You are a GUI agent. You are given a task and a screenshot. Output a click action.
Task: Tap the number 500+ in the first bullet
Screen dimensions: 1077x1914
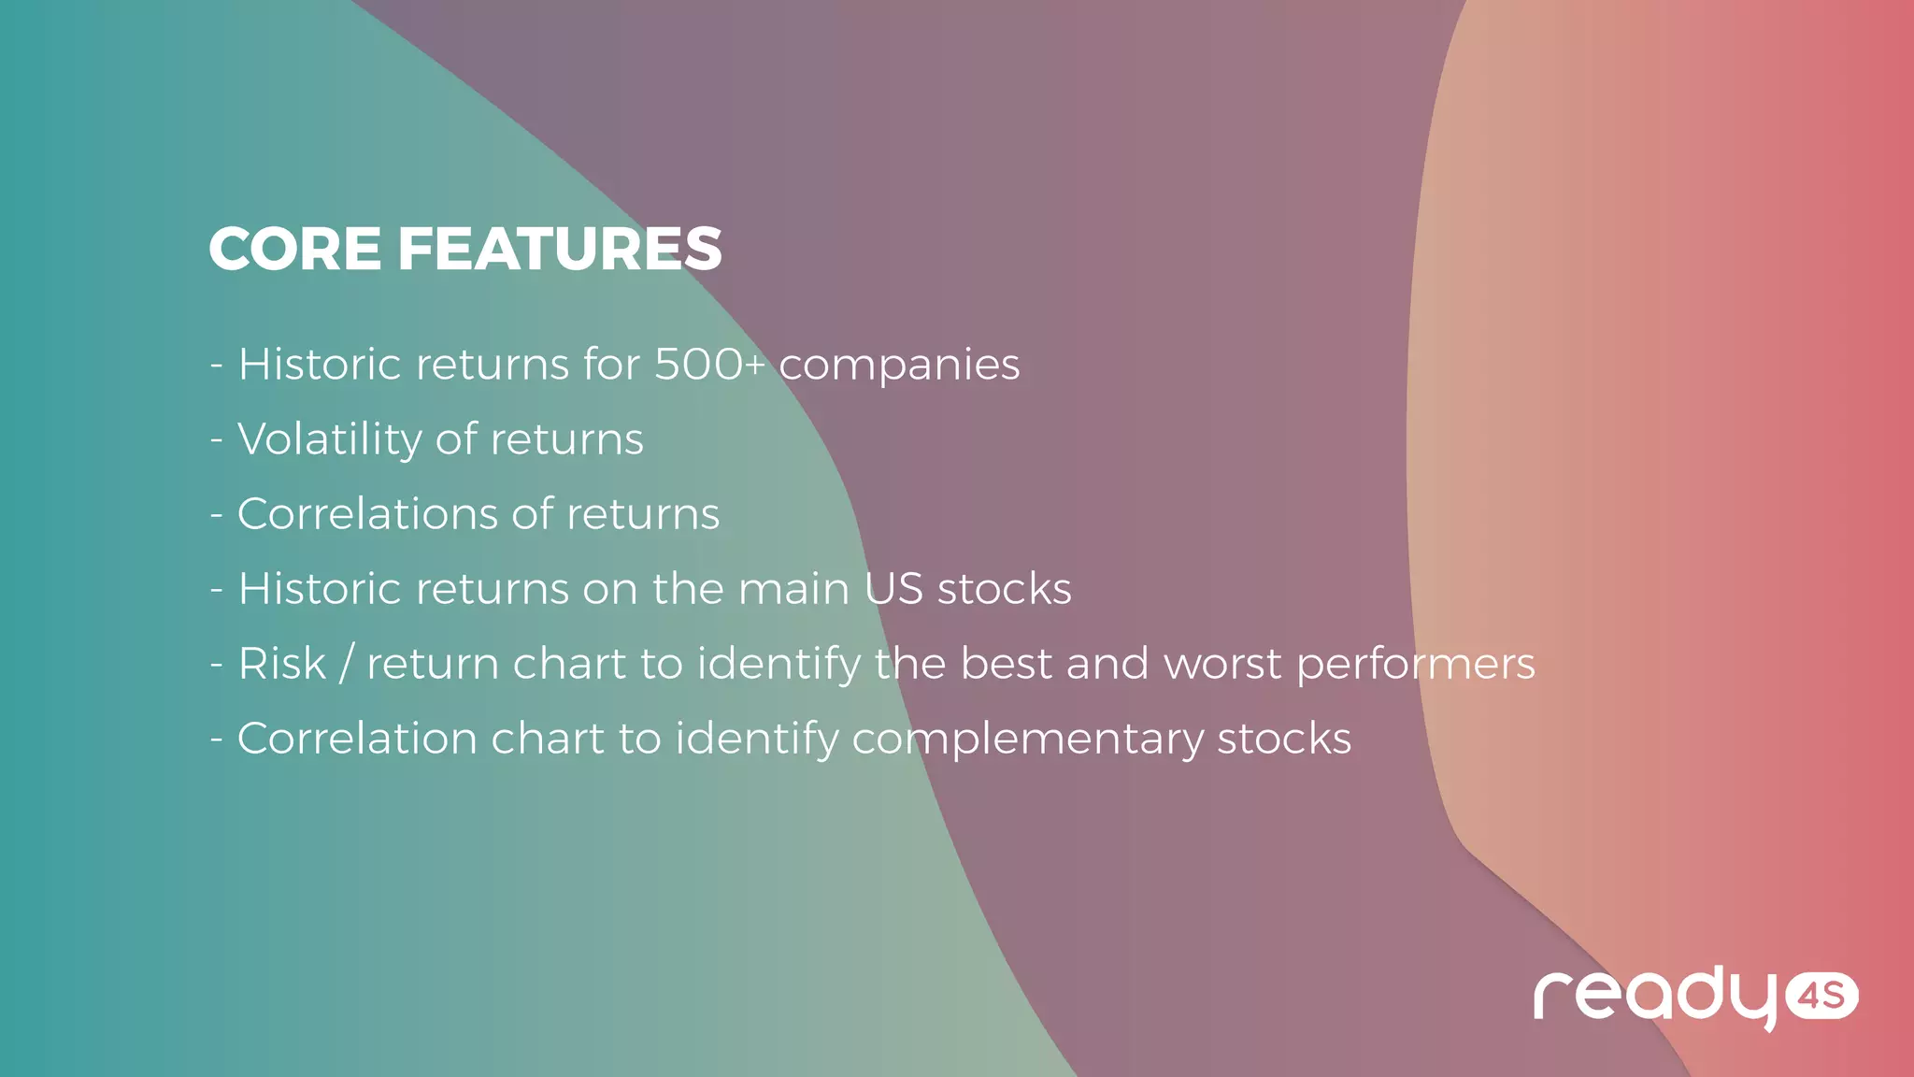pos(708,365)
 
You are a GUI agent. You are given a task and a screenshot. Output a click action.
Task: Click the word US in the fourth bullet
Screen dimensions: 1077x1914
pos(893,589)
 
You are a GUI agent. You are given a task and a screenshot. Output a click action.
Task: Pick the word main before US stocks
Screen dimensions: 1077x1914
pos(793,589)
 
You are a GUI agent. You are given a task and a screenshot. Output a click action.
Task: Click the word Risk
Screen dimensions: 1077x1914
pos(281,664)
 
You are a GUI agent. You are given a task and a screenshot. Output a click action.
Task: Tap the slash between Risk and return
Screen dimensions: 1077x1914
pos(346,664)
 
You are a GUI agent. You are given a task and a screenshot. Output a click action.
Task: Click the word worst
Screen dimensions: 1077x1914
pos(1222,664)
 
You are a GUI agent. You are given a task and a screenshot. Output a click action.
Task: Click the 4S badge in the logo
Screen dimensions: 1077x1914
pos(1821,997)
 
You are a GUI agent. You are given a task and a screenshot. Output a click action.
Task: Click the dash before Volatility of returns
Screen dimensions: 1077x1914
pos(217,440)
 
